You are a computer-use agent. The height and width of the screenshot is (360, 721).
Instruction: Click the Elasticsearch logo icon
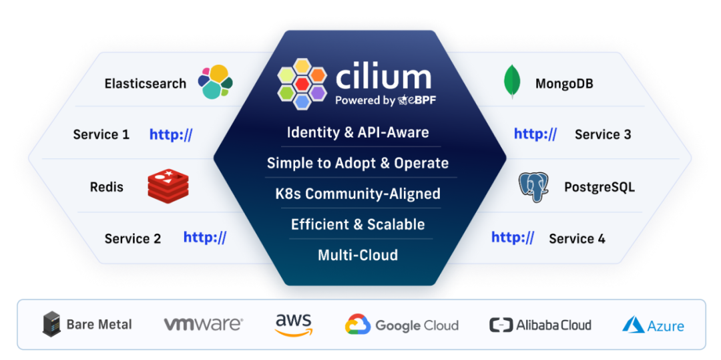[x=215, y=82]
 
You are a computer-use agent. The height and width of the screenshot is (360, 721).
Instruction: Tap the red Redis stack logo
[x=168, y=186]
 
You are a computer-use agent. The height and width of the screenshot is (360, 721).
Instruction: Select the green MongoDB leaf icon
[x=511, y=82]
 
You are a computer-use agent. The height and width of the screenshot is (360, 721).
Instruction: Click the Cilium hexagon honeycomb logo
[x=302, y=83]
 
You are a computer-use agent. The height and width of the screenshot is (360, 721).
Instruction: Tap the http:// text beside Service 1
[x=171, y=134]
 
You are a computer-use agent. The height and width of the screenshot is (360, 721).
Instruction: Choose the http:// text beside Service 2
[x=205, y=237]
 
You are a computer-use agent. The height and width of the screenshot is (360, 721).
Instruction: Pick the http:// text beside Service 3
[x=535, y=134]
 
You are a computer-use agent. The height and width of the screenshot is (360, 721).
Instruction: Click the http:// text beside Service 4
[x=513, y=237]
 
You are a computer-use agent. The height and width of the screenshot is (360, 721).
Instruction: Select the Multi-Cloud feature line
[x=358, y=254]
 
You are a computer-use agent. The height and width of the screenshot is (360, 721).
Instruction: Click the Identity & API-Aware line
[x=358, y=132]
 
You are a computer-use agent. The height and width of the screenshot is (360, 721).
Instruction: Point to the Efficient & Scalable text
[x=358, y=224]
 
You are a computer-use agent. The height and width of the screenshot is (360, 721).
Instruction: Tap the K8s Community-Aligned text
[x=358, y=194]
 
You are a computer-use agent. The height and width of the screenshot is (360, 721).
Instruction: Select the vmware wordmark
[x=203, y=325]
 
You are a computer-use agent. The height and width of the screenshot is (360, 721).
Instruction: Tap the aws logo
[x=294, y=325]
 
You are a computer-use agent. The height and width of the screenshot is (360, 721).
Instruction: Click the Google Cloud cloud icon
[x=358, y=325]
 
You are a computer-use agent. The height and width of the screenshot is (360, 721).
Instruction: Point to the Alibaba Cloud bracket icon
[x=501, y=325]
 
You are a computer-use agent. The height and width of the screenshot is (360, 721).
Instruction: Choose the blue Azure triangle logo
[x=633, y=325]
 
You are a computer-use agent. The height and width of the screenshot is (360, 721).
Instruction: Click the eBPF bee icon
[x=403, y=101]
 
